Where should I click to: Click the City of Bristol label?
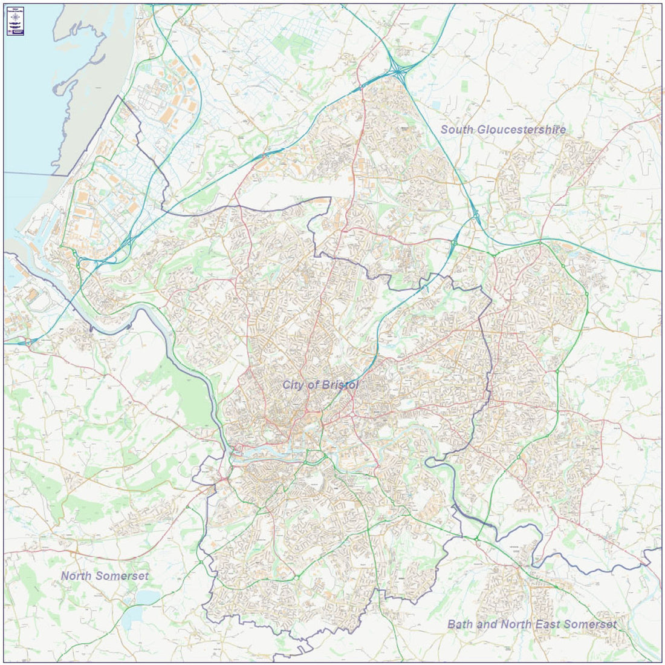tap(320, 385)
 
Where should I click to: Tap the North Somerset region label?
tap(104, 575)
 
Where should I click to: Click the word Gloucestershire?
tap(521, 129)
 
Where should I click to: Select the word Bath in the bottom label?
tap(460, 624)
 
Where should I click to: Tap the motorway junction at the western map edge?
tap(28, 342)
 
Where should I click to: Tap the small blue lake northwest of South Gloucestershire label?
tap(436, 105)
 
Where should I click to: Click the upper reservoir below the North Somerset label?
tap(147, 597)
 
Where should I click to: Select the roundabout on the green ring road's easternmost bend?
tap(586, 294)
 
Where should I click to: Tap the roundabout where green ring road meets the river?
tap(476, 537)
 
